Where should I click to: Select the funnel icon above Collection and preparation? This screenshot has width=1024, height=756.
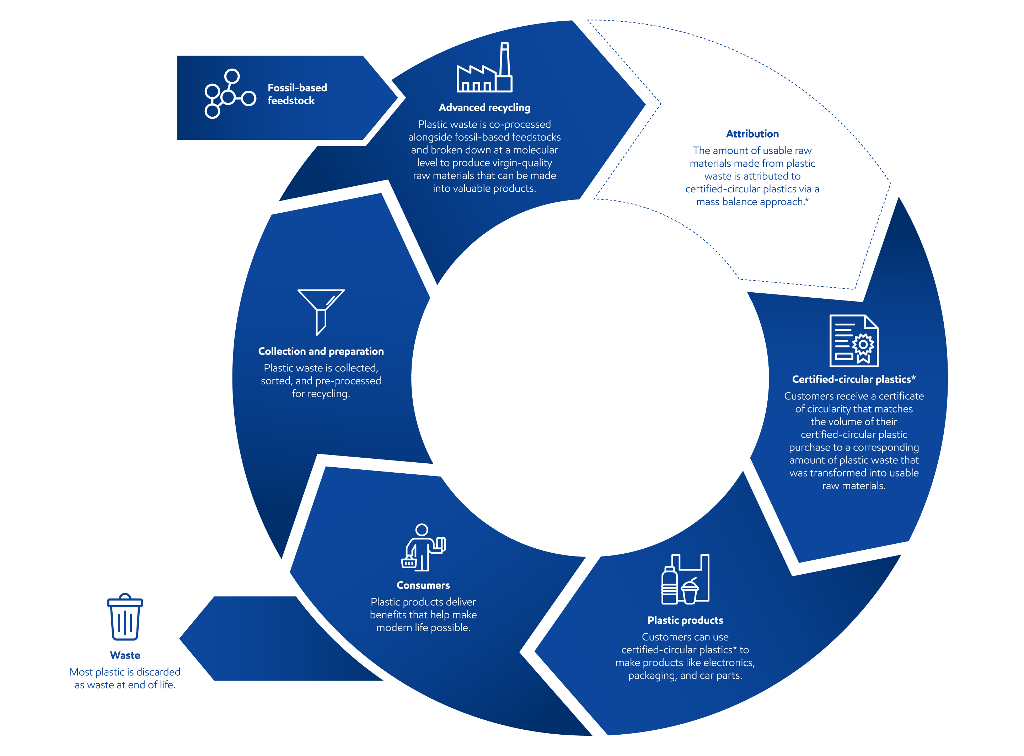[321, 311]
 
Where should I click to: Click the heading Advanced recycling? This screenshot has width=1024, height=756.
[484, 107]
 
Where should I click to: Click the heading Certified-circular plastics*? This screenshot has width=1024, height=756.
[853, 379]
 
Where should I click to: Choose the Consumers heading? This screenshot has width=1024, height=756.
[423, 585]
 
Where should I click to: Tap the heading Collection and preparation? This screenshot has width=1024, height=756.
[321, 351]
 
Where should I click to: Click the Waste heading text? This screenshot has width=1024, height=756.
[125, 655]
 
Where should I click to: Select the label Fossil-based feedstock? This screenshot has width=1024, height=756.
[297, 94]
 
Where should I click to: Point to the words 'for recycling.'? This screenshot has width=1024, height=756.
[321, 394]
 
